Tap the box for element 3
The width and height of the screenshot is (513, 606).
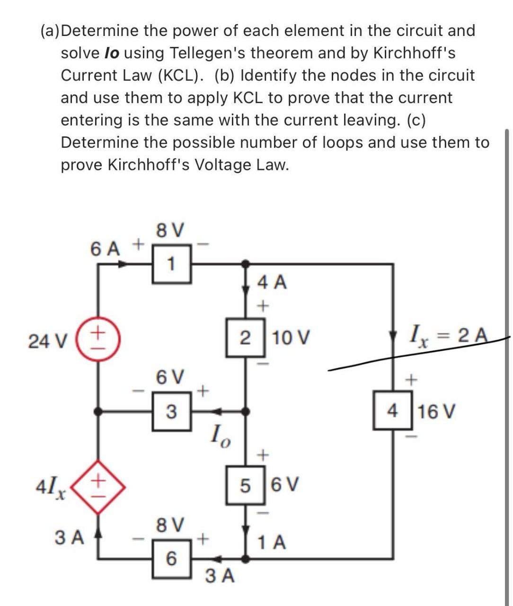[x=171, y=412]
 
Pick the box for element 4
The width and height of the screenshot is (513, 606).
[x=392, y=411]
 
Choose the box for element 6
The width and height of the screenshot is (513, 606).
[x=171, y=559]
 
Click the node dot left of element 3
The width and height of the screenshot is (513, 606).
[x=98, y=412]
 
